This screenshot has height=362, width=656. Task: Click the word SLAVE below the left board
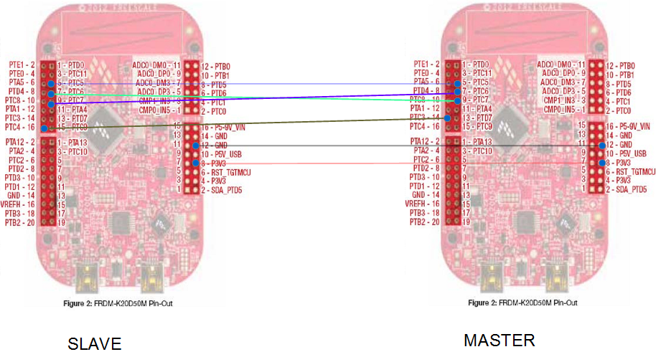click(x=94, y=344)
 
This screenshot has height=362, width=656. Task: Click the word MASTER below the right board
click(x=499, y=340)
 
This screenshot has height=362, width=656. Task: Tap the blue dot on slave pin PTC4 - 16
click(x=44, y=128)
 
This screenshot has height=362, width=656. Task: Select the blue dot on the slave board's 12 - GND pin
click(x=195, y=145)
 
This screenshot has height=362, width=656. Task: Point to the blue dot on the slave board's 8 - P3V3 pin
click(x=195, y=163)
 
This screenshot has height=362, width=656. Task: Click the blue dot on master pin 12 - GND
click(x=600, y=145)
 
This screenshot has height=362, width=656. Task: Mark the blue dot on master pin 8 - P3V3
click(x=600, y=163)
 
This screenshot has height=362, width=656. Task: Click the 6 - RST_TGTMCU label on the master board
click(x=630, y=172)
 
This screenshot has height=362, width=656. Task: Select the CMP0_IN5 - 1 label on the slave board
click(x=159, y=110)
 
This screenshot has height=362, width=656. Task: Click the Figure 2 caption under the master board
click(x=521, y=303)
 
